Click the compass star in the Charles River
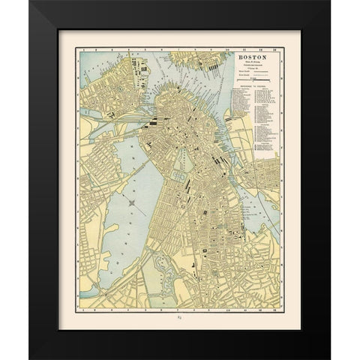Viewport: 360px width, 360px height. (131, 201)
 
